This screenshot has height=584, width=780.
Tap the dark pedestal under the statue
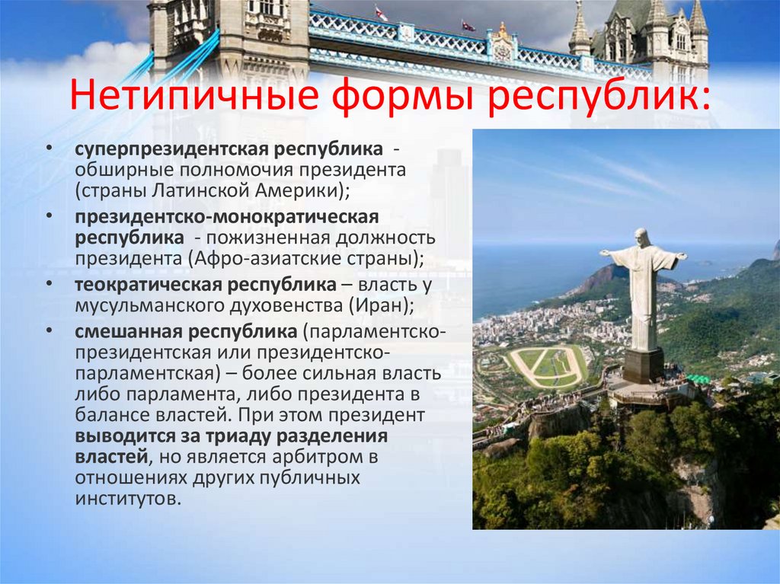tap(644, 365)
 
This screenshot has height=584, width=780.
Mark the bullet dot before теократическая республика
tap(48, 284)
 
